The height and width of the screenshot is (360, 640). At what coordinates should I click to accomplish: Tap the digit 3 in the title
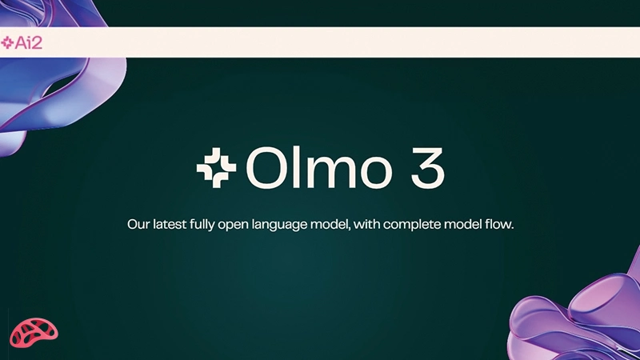pyautogui.click(x=423, y=166)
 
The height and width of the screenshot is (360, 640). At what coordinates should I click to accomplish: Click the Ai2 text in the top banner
pyautogui.click(x=28, y=42)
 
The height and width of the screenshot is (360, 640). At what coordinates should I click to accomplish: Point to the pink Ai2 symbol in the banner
pyautogui.click(x=8, y=42)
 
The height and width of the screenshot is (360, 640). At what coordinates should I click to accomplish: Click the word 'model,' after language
pyautogui.click(x=337, y=225)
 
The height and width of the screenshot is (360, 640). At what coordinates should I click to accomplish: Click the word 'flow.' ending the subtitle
pyautogui.click(x=498, y=225)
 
